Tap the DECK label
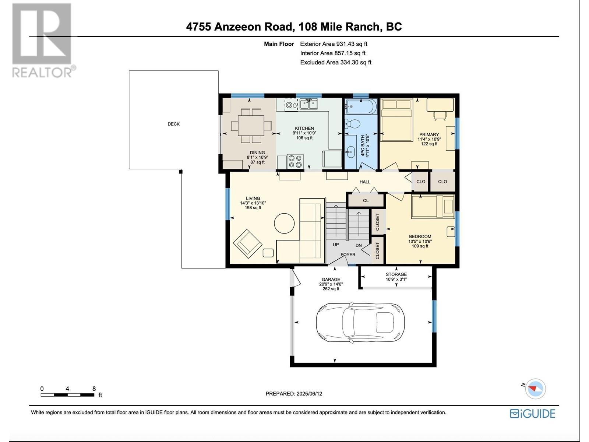click(x=174, y=124)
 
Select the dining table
click(x=251, y=126)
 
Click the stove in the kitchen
click(x=295, y=162)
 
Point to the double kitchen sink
click(x=309, y=104)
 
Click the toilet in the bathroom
click(x=352, y=124)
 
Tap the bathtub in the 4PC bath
click(x=361, y=107)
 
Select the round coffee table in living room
click(x=284, y=223)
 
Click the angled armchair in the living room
click(x=248, y=244)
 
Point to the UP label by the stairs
click(x=336, y=245)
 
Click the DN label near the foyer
click(x=359, y=245)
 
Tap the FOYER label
click(x=348, y=255)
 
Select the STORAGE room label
click(x=396, y=274)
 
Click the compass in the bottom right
click(x=535, y=389)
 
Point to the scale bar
click(x=67, y=395)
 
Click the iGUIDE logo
click(x=532, y=414)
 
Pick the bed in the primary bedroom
click(x=396, y=120)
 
